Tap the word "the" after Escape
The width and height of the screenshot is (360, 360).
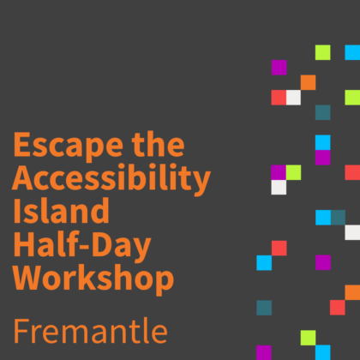click(x=158, y=144)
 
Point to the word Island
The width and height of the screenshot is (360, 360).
click(x=61, y=210)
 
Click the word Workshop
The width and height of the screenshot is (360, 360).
click(x=93, y=279)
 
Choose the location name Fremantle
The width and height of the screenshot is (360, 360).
click(x=91, y=331)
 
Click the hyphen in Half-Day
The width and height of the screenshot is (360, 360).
click(x=84, y=247)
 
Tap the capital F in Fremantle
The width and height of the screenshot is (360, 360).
click(x=21, y=331)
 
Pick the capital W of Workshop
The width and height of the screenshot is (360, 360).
click(x=29, y=278)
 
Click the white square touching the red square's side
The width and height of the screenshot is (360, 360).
click(x=294, y=98)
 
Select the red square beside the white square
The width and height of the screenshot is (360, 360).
click(x=279, y=98)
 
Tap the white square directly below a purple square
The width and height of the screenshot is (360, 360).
click(x=279, y=188)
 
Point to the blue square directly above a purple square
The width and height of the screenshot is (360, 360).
click(x=323, y=142)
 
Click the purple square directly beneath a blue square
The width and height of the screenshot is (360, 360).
click(x=323, y=158)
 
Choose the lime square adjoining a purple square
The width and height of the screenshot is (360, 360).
click(x=293, y=172)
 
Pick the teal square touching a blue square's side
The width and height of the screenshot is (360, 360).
click(x=339, y=218)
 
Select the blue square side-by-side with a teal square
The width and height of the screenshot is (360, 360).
click(x=323, y=218)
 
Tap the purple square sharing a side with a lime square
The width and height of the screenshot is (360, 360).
click(x=279, y=172)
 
